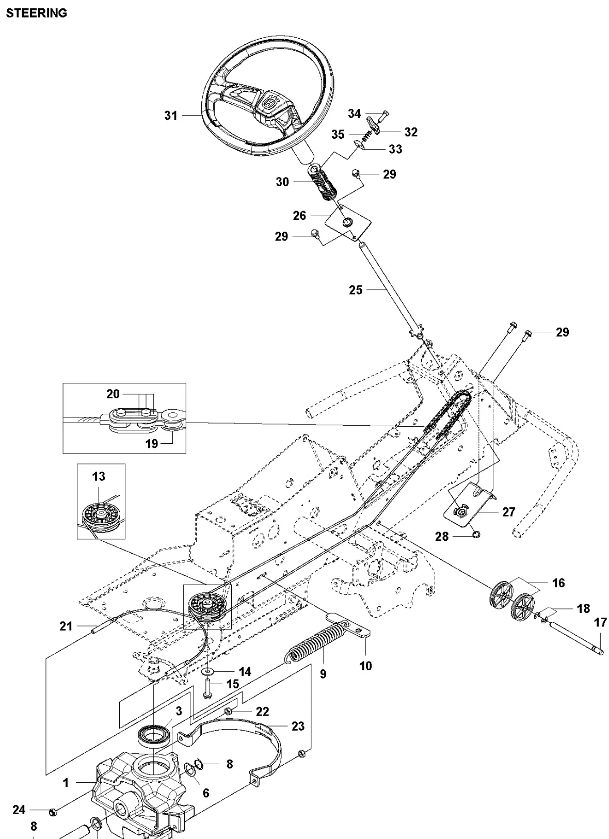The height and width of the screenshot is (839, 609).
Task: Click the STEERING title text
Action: pyautogui.click(x=36, y=13)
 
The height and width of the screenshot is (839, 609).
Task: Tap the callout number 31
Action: pyautogui.click(x=171, y=116)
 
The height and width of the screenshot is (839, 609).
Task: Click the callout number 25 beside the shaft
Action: pyautogui.click(x=356, y=290)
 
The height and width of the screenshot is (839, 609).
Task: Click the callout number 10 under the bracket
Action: pyautogui.click(x=365, y=666)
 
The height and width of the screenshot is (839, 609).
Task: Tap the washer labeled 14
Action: pyautogui.click(x=210, y=671)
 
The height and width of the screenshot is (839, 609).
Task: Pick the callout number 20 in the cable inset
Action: pyautogui.click(x=113, y=394)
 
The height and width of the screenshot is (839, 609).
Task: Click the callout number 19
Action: pyautogui.click(x=151, y=443)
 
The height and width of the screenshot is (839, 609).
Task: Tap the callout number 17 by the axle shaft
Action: pyautogui.click(x=600, y=623)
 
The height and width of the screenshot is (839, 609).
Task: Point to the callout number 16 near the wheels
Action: pyautogui.click(x=558, y=583)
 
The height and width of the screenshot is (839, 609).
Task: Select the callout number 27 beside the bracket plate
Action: pyautogui.click(x=508, y=512)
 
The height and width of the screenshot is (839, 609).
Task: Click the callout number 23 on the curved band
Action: pyautogui.click(x=298, y=726)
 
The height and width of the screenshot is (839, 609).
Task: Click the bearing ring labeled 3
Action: pyautogui.click(x=155, y=734)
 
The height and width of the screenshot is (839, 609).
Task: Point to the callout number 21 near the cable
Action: pyautogui.click(x=66, y=626)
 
